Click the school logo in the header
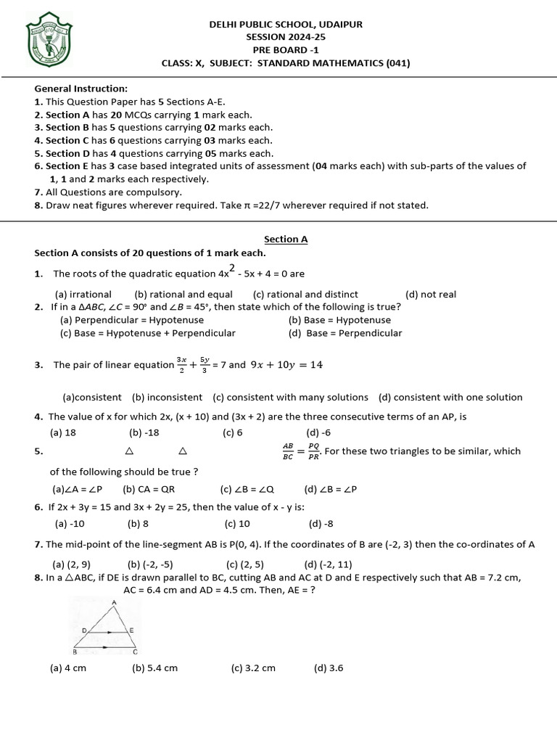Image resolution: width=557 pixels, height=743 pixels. (50, 38)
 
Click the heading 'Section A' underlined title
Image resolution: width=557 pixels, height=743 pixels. (286, 239)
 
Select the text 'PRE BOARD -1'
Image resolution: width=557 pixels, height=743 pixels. (286, 49)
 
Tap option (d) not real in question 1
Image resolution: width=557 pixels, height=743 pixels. (431, 294)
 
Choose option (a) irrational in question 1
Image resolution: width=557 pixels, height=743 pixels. (83, 294)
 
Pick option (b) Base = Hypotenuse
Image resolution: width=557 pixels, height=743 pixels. (339, 319)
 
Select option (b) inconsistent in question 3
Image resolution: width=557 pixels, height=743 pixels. (167, 397)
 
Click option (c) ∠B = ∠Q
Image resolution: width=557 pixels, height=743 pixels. (247, 488)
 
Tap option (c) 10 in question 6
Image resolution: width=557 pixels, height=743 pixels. (237, 523)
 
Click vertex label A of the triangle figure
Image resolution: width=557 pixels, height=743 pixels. (114, 603)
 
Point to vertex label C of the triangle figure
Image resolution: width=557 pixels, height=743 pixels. (136, 651)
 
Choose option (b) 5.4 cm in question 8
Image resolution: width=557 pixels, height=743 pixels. (154, 668)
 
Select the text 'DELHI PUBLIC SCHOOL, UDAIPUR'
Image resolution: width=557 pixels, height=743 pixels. (286, 24)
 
